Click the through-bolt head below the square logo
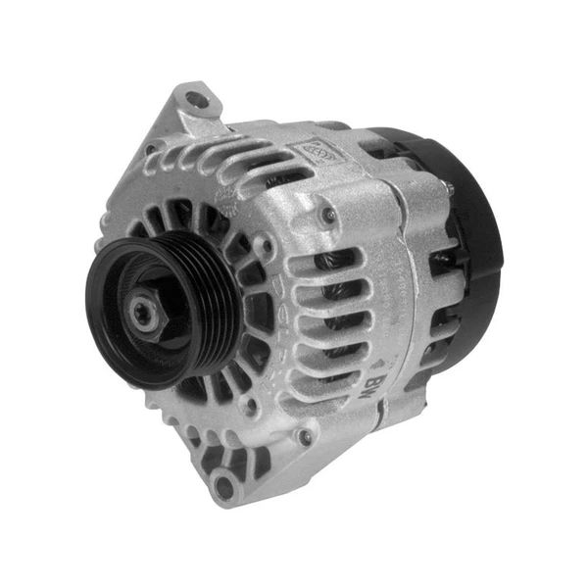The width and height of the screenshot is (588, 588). (330, 215)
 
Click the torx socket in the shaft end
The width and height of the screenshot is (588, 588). (142, 317)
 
